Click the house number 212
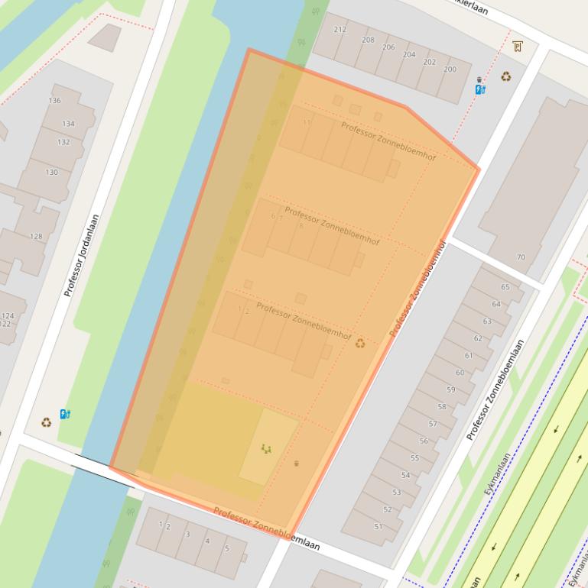[x=340, y=30]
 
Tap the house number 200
[x=450, y=69]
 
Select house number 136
[x=54, y=101]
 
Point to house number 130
[x=51, y=172]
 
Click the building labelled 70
[x=521, y=257]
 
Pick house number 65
[x=505, y=287]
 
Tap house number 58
[x=442, y=407]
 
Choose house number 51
[x=378, y=527]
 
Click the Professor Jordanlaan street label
[x=82, y=255]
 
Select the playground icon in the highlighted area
[x=266, y=449]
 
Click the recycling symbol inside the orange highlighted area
[x=360, y=344]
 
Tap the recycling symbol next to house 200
[x=505, y=76]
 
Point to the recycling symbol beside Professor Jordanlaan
[x=46, y=422]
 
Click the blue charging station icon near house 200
[x=479, y=89]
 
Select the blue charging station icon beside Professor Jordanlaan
[x=65, y=415]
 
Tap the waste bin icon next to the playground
[x=297, y=463]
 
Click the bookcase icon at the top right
[x=518, y=46]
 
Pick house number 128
[x=36, y=237]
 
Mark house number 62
[x=478, y=338]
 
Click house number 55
[x=414, y=458]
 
